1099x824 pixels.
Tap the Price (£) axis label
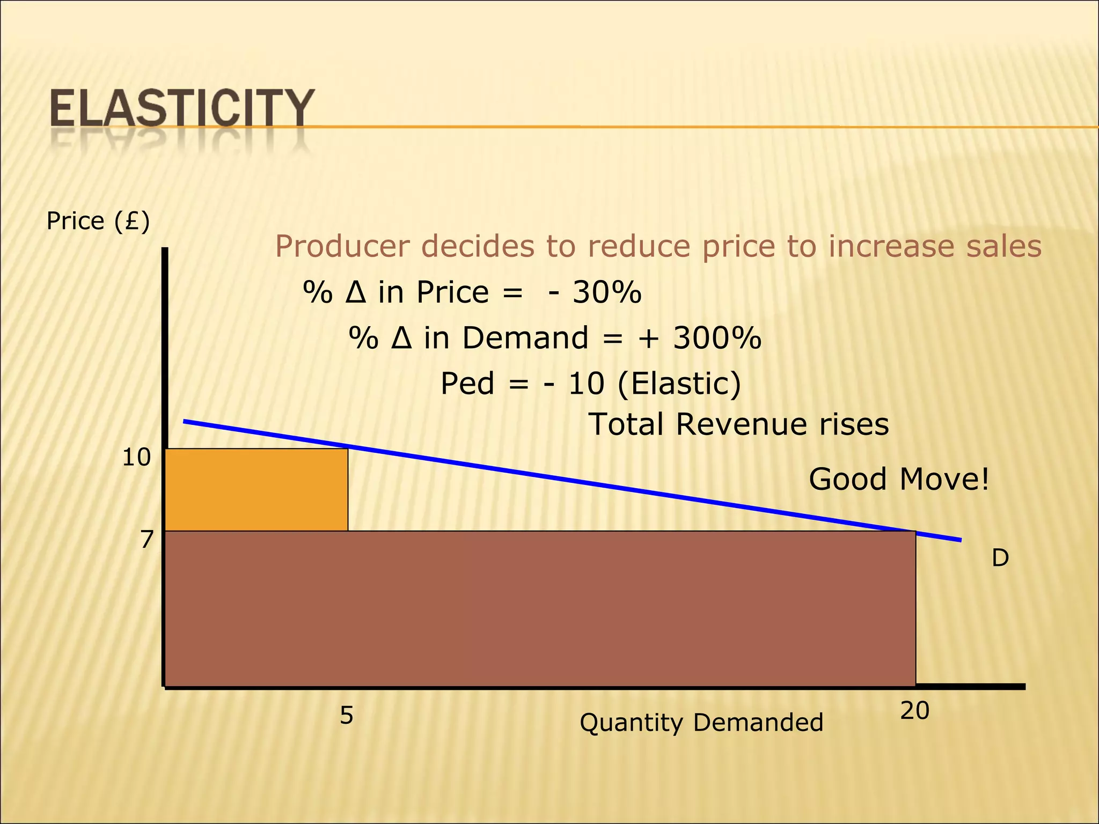pos(98,221)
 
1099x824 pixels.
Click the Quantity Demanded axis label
pos(701,723)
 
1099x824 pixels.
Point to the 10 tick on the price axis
pos(136,458)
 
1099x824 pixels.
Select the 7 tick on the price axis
pos(146,540)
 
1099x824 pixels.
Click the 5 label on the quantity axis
pos(347,716)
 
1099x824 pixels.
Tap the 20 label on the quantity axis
pos(914,711)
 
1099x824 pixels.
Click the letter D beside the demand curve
pos(1000,558)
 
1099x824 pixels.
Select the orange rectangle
pos(257,490)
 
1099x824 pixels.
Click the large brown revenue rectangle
pos(539,609)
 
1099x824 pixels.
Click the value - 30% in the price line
pos(595,293)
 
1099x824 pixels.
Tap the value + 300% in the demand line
pos(699,339)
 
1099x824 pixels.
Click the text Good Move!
pos(899,479)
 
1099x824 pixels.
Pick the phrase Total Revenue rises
pos(739,424)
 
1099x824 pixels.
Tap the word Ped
pos(467,384)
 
